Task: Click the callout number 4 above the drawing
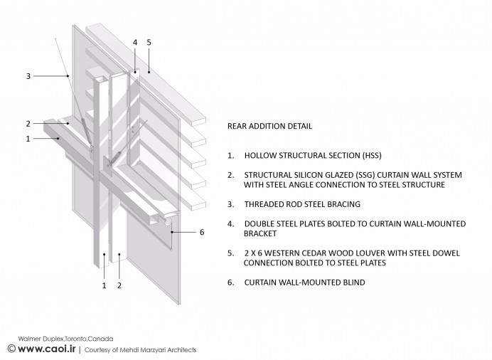tap(135, 43)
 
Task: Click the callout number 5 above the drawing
tap(149, 43)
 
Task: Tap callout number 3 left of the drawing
tap(28, 76)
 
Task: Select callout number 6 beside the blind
tap(202, 232)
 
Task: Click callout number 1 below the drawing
tap(105, 285)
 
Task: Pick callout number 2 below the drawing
tap(119, 285)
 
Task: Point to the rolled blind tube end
tap(169, 222)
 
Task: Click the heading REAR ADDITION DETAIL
tap(269, 126)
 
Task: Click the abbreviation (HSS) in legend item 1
tap(372, 155)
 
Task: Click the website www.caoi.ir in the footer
tap(47, 349)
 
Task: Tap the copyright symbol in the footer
tap(11, 349)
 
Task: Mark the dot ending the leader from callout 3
tap(68, 76)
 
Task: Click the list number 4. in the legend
tap(231, 224)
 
